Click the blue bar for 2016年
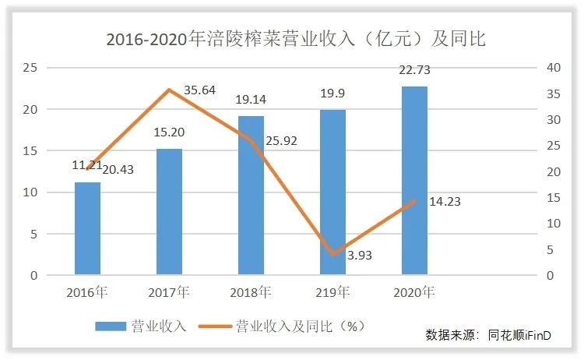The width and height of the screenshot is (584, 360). (88, 228)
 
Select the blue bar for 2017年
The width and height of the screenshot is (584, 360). (169, 211)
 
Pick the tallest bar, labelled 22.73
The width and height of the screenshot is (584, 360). (414, 180)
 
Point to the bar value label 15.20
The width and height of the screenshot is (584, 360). (169, 132)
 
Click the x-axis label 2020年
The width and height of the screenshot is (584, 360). (414, 292)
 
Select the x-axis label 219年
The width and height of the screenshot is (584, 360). (332, 292)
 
